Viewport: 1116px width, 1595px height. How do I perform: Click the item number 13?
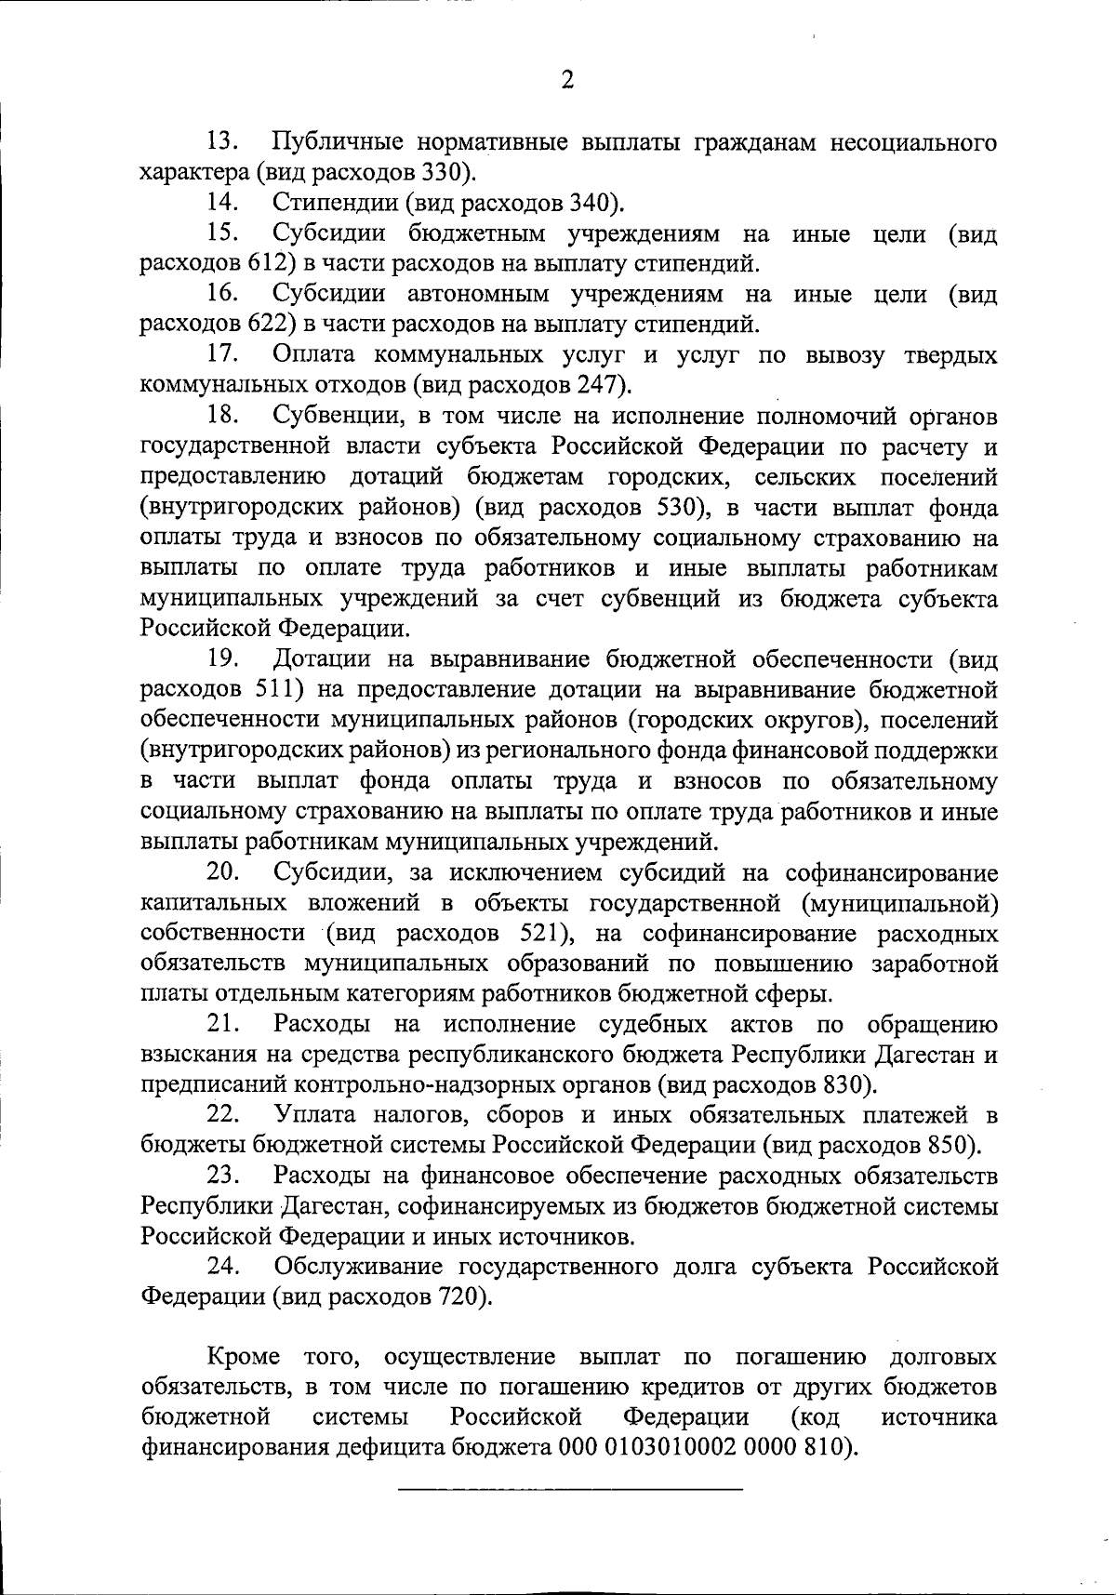coord(223,142)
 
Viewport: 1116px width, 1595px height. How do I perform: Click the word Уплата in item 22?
coord(312,1115)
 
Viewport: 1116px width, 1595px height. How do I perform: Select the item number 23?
coord(223,1176)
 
